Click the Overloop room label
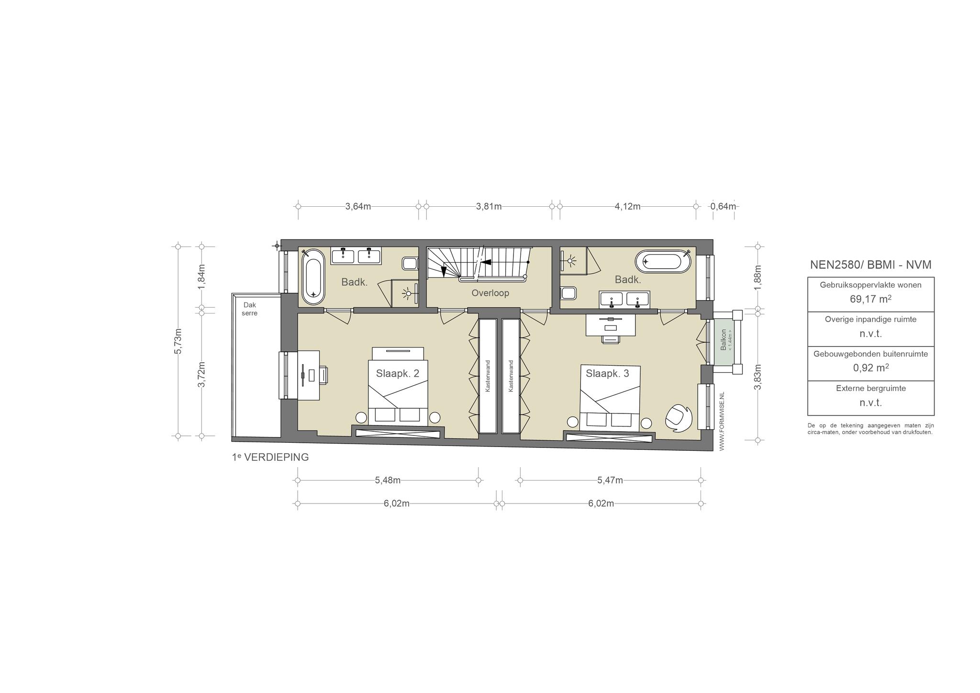click(x=490, y=293)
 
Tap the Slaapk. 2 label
click(x=397, y=373)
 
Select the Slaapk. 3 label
click(x=607, y=373)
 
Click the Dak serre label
click(x=250, y=309)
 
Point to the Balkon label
click(x=724, y=339)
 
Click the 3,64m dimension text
click(x=358, y=206)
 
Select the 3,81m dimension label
click(x=489, y=206)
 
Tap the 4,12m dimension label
click(x=627, y=206)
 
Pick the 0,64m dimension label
click(x=723, y=206)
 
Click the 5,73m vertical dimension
click(x=178, y=341)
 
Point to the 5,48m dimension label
click(x=388, y=480)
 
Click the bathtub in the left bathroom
click(x=313, y=276)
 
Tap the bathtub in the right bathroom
click(x=663, y=261)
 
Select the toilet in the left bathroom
click(x=410, y=263)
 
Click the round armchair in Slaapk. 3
click(x=678, y=417)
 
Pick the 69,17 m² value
click(x=870, y=299)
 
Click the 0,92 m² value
click(x=870, y=368)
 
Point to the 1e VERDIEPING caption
click(x=270, y=457)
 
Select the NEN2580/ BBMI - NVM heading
click(x=870, y=265)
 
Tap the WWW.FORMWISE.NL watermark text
click(x=722, y=421)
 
